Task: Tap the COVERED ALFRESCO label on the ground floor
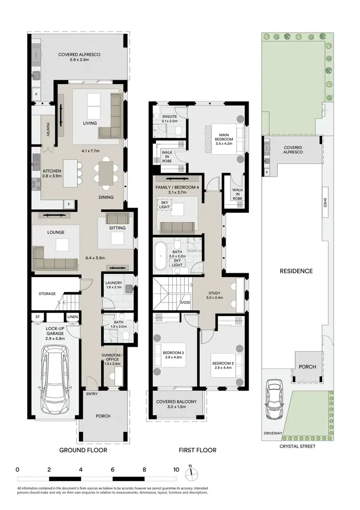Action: (79, 55)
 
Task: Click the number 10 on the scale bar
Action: (176, 470)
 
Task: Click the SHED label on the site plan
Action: (325, 203)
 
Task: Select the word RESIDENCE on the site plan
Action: (296, 271)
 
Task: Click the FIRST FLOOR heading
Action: (197, 450)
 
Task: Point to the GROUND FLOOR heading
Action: (83, 450)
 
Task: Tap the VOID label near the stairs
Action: (184, 303)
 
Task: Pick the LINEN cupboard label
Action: (72, 316)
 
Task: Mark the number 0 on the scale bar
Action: (17, 470)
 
